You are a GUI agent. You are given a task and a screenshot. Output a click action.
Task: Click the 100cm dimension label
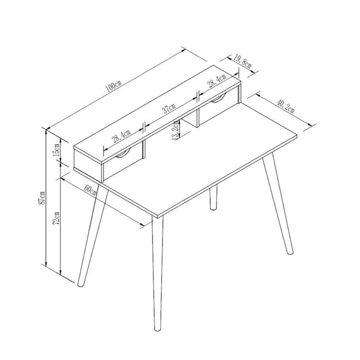tap(114, 85)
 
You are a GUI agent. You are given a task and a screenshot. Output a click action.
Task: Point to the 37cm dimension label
tap(169, 109)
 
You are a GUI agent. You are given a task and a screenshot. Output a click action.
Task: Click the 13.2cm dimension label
tap(175, 131)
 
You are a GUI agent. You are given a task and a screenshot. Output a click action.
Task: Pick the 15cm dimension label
tap(57, 150)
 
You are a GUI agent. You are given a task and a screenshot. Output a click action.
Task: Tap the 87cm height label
tap(42, 198)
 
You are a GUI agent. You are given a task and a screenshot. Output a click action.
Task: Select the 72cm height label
tap(57, 219)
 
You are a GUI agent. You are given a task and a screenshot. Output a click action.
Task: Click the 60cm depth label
tap(90, 190)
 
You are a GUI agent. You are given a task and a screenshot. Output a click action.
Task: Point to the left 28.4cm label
tap(121, 136)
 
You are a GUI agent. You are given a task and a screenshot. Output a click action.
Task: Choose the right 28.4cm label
tap(217, 81)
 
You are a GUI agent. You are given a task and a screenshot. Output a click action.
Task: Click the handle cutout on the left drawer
tap(123, 154)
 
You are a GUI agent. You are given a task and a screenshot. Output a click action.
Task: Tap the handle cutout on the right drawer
tap(219, 99)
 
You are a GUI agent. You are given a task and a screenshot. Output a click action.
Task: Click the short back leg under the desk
tap(213, 197)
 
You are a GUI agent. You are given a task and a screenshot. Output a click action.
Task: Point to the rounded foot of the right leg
tap(291, 253)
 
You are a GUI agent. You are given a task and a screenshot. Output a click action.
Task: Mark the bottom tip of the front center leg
tap(158, 331)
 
